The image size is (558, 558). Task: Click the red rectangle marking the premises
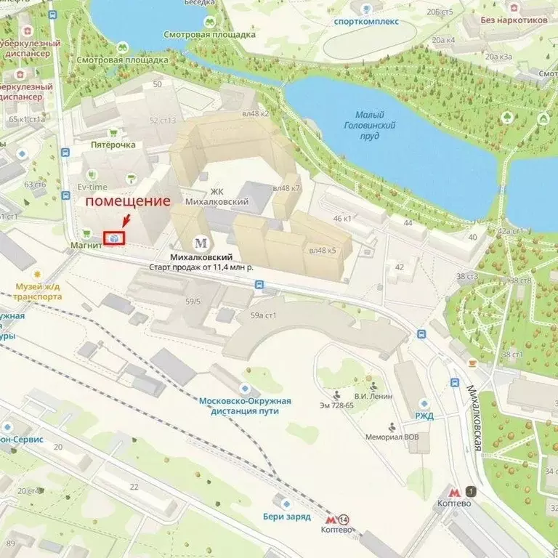[x=114, y=237]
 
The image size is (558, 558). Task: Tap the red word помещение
[x=129, y=201]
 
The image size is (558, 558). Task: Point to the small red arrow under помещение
[x=126, y=219]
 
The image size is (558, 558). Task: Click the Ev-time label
[x=92, y=187]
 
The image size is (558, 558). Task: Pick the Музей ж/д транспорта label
[x=39, y=291]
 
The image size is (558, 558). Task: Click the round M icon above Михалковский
[x=201, y=243]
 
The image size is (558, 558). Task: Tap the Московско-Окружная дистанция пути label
[x=246, y=405]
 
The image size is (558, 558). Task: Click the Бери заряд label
[x=286, y=517]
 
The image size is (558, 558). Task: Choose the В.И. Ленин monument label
[x=373, y=396]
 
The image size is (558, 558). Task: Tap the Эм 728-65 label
[x=336, y=405]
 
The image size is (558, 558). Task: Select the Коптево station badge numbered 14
[x=343, y=519]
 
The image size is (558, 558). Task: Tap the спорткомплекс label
[x=366, y=21]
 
